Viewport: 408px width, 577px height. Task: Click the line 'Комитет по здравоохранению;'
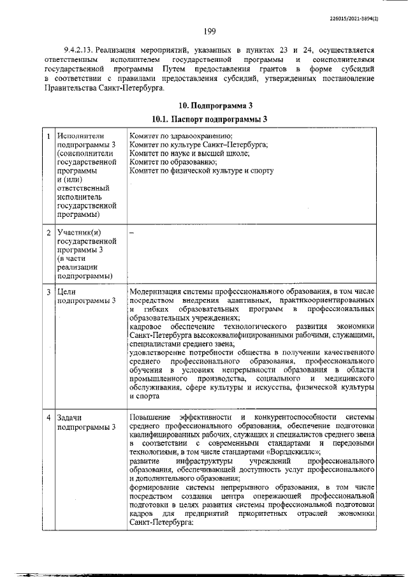[180, 136]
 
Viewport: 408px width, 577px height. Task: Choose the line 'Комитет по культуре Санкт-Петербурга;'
[198, 145]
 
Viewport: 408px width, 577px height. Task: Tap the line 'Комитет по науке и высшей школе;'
[189, 154]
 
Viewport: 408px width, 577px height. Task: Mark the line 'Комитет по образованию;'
[172, 162]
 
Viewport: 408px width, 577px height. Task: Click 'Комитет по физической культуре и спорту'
[201, 171]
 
